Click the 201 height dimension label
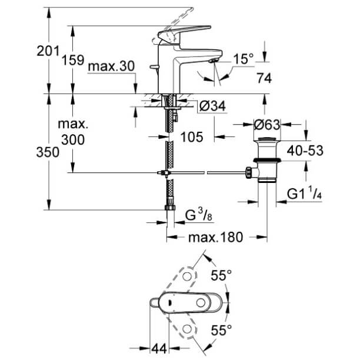point(48,51)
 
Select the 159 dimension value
point(73,60)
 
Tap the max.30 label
point(111,66)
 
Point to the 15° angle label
point(244,59)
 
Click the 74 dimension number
point(264,78)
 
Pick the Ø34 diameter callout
point(212,106)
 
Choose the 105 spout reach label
point(192,137)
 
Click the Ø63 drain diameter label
point(267,125)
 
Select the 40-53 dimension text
point(305,151)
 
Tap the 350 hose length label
point(48,152)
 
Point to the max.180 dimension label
point(215,237)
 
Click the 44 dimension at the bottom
point(159,349)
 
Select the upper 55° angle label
point(221,275)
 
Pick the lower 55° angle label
point(221,330)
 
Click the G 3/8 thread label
point(199,215)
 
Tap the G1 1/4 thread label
point(304,194)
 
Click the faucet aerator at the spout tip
point(214,61)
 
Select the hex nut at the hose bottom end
point(170,208)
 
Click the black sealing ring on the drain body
point(267,160)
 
